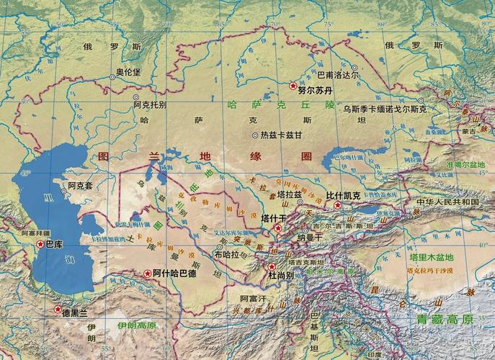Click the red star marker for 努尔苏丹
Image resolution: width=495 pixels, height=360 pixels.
coord(293,86)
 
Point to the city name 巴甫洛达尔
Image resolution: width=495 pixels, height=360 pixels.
coord(337,74)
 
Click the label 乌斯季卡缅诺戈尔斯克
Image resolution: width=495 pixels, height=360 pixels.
coord(385,109)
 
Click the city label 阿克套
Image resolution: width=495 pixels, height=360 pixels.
coord(81,186)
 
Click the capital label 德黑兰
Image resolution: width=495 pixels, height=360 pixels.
coord(74,312)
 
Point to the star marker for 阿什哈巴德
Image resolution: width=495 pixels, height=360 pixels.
coord(146,274)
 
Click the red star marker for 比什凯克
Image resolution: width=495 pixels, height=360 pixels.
coord(337,205)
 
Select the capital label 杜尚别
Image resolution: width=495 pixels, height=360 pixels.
coord(281,276)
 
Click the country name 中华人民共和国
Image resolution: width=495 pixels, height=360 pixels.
coord(448,202)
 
